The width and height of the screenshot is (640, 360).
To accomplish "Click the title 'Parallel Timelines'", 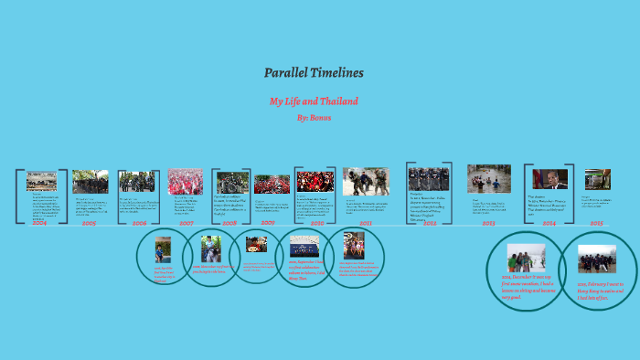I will point(314,72).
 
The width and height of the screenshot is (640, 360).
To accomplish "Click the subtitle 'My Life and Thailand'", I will point(314,101).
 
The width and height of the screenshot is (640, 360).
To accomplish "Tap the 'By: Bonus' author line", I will point(314,117).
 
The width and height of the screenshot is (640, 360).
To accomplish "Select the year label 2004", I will point(38,223).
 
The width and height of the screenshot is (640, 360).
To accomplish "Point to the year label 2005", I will point(89,223).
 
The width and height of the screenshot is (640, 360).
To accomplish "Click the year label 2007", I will point(187,223).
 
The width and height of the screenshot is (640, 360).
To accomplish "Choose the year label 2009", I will point(268,223).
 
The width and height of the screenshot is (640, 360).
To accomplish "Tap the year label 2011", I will point(366,223).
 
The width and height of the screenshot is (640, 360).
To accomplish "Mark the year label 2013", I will point(488,223).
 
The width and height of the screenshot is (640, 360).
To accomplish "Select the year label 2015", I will point(596,223).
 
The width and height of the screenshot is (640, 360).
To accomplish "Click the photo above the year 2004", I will point(41,181).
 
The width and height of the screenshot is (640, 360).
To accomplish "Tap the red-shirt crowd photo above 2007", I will point(186,182).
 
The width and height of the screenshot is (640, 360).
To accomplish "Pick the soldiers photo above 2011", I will point(366,181).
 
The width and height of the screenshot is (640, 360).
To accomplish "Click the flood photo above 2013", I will point(489,178).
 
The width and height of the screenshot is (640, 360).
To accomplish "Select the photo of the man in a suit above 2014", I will point(549,179).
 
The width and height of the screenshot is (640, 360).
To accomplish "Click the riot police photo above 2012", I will point(428,178).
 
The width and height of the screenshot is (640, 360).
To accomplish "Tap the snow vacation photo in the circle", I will point(526,257).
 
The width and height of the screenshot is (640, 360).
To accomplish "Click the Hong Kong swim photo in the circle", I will point(596,259).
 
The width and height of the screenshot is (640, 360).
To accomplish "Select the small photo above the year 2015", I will point(597,179).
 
